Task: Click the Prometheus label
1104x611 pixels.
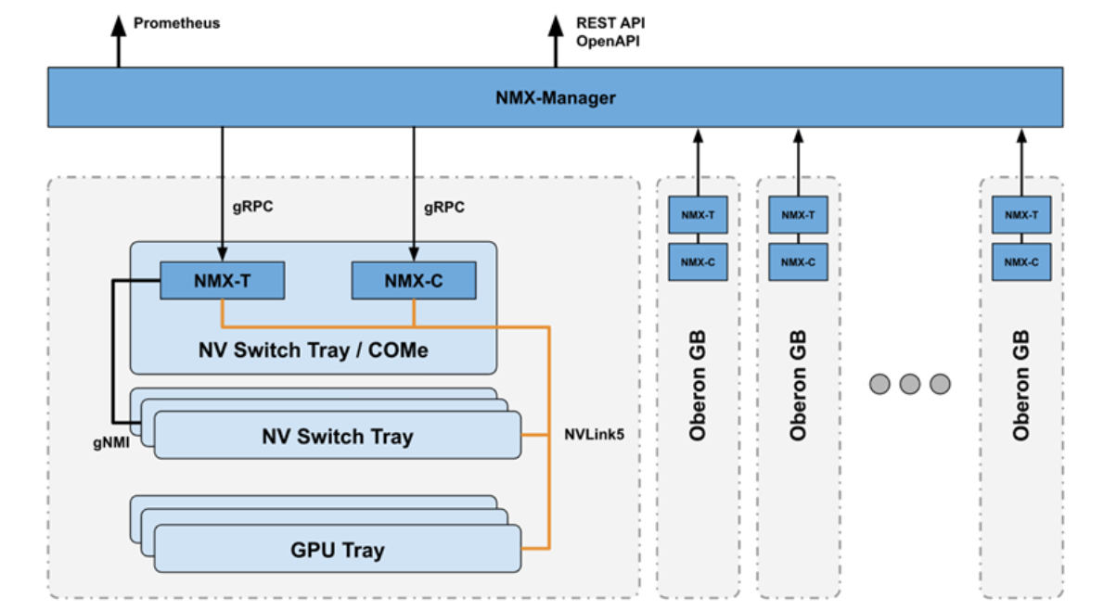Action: tap(176, 22)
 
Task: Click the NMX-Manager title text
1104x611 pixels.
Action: tap(555, 97)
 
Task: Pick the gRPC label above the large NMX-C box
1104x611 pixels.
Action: tap(444, 208)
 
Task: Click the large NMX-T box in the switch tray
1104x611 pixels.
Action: tap(222, 280)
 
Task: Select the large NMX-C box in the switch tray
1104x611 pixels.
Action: tap(414, 280)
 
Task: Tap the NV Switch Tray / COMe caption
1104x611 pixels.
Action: tap(313, 350)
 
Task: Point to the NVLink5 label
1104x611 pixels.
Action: tap(595, 433)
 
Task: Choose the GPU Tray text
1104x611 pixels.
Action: tap(337, 550)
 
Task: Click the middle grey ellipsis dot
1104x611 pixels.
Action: tap(909, 383)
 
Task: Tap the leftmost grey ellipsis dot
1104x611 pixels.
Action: tap(879, 383)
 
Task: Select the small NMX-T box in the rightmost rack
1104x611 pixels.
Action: tap(1021, 214)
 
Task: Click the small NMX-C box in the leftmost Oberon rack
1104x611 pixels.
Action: tap(699, 262)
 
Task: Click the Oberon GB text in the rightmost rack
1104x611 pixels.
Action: tap(1021, 384)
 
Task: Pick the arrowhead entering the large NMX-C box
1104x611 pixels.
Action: tap(414, 254)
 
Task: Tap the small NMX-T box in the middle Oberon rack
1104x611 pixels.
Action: tap(798, 214)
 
